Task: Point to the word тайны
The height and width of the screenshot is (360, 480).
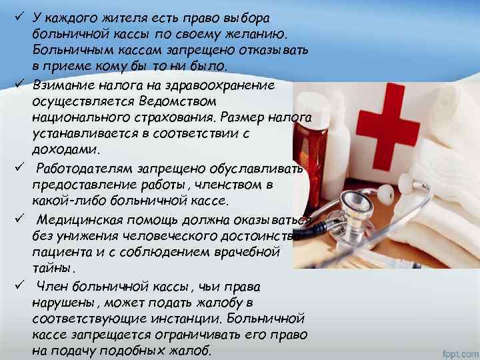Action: pos(53,267)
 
